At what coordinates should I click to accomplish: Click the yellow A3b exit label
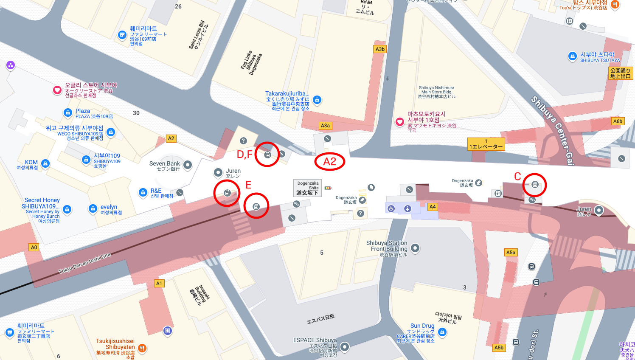coord(380,49)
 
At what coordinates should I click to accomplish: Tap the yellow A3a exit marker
coord(325,126)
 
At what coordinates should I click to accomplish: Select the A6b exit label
coord(618,121)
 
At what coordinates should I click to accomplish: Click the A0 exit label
coord(34,247)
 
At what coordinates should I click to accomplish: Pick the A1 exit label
coord(159,283)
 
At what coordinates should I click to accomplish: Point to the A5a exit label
coord(511,253)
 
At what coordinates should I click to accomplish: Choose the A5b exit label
coord(499,348)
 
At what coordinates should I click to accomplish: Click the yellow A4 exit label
coord(433,207)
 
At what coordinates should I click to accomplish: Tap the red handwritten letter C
coord(517,177)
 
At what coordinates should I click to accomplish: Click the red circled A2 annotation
coord(330,162)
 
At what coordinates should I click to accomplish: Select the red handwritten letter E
coord(248,185)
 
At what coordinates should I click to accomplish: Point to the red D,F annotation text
coord(244,155)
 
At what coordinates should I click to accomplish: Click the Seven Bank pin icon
coord(188,164)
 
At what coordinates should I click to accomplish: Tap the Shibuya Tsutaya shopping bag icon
coord(572,56)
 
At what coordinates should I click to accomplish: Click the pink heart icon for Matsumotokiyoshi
coord(399,122)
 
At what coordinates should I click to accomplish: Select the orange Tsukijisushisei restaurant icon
coord(142,348)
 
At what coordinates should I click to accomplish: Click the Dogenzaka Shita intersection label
coord(308,188)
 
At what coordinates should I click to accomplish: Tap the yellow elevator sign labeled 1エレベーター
coord(486,144)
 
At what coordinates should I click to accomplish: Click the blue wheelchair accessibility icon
coord(391,208)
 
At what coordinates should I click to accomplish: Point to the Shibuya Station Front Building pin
coord(415,247)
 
